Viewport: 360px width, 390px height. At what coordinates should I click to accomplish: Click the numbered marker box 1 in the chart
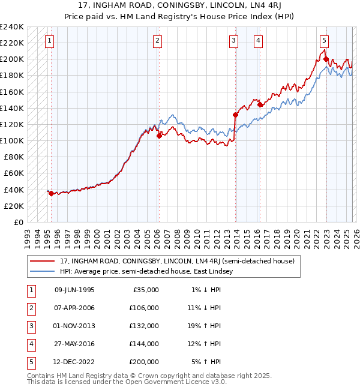click(49, 41)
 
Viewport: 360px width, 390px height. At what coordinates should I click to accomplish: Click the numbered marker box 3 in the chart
click(233, 41)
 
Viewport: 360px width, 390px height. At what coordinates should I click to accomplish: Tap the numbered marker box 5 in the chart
click(324, 41)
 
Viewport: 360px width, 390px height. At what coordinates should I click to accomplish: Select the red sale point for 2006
click(159, 136)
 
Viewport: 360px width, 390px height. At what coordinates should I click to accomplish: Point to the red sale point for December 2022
click(326, 59)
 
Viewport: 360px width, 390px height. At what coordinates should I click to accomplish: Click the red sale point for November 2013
click(235, 115)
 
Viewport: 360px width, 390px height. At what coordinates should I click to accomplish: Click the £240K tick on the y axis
click(11, 27)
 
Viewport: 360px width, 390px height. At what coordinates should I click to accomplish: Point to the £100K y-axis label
click(11, 140)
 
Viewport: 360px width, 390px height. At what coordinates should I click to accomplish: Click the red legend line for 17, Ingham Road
click(43, 262)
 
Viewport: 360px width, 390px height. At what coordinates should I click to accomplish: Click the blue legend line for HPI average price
click(43, 271)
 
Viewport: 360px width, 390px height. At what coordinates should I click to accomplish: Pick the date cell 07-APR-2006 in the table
click(74, 308)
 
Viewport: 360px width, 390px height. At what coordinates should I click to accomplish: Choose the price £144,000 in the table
click(144, 344)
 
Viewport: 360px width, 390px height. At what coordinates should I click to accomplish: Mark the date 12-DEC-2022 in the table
click(74, 362)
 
